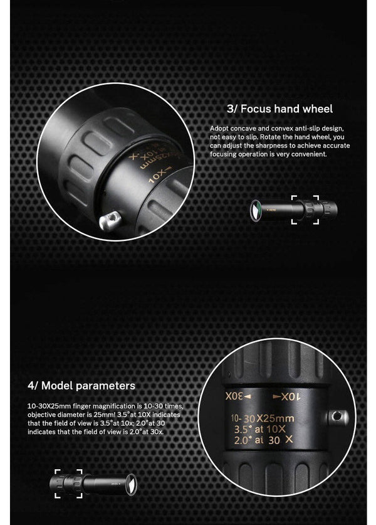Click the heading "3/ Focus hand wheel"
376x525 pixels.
pos(279,109)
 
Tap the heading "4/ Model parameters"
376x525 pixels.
pos(81,385)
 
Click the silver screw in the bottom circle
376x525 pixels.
pos(338,417)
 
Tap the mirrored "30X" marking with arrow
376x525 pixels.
pos(238,396)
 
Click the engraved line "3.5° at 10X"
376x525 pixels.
pos(259,429)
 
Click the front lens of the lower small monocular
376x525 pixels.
pos(130,483)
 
